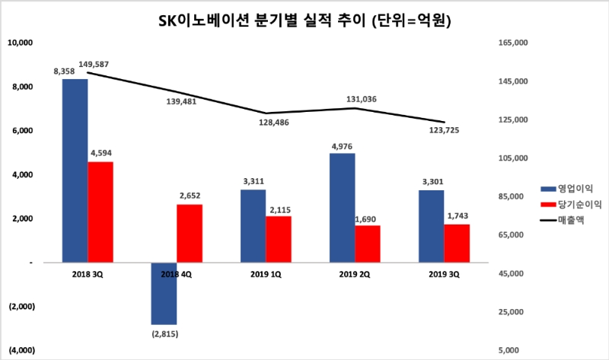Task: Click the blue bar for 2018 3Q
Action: (x=75, y=170)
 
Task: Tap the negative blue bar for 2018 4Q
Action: (x=164, y=294)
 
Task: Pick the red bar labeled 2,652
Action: (x=190, y=233)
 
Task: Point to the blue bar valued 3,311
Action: (x=253, y=226)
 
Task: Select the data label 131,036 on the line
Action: (x=362, y=99)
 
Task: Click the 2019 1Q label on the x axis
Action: (x=266, y=273)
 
